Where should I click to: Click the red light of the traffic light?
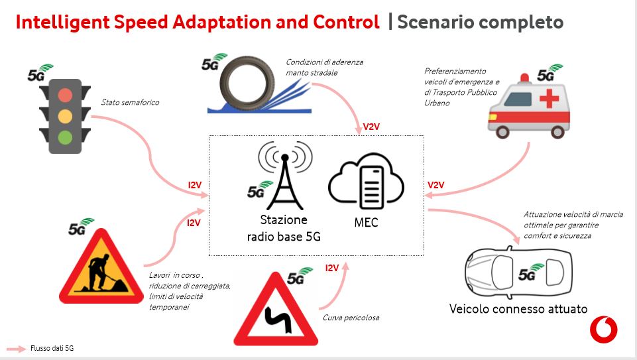pyautogui.click(x=65, y=95)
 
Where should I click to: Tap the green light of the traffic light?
pyautogui.click(x=65, y=137)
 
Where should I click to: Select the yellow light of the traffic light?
pyautogui.click(x=65, y=117)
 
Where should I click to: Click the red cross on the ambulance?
pyautogui.click(x=549, y=99)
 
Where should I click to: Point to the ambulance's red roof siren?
pyautogui.click(x=524, y=78)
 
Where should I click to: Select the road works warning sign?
pyautogui.click(x=101, y=267)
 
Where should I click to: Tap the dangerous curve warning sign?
pyautogui.click(x=276, y=310)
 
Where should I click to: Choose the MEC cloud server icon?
pyautogui.click(x=366, y=181)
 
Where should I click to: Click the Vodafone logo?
pyautogui.click(x=603, y=330)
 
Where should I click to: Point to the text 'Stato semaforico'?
pyautogui.click(x=130, y=102)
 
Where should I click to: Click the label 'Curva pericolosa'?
pyautogui.click(x=351, y=318)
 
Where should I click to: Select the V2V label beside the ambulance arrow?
pyautogui.click(x=435, y=185)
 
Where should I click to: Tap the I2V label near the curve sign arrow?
pyautogui.click(x=332, y=268)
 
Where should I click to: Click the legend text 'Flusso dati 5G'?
pyautogui.click(x=52, y=348)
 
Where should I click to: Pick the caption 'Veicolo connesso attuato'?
pyautogui.click(x=518, y=309)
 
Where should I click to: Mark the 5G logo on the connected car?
pyautogui.click(x=530, y=272)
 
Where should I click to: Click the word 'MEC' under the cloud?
pyautogui.click(x=366, y=223)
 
